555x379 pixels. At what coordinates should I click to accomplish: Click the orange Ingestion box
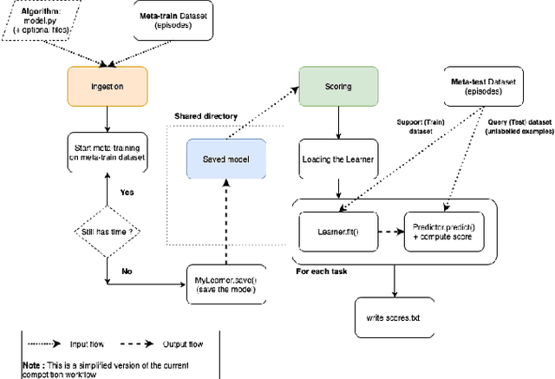pos(107,86)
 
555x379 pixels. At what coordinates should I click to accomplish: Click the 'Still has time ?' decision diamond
pos(107,232)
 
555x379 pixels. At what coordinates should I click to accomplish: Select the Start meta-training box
pos(107,154)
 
